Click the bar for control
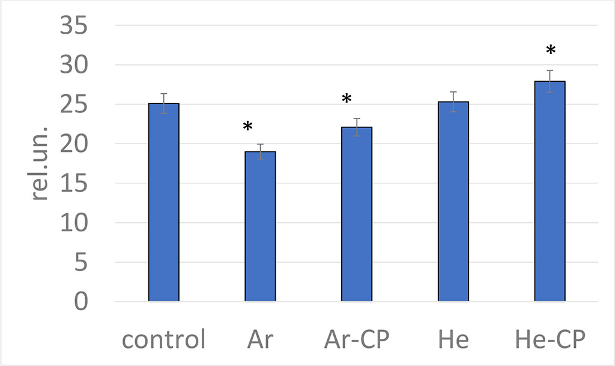164,202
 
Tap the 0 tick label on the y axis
80,302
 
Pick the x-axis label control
163,340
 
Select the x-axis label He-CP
550,340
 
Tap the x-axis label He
453,340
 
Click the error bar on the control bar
164,103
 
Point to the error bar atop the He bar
453,102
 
